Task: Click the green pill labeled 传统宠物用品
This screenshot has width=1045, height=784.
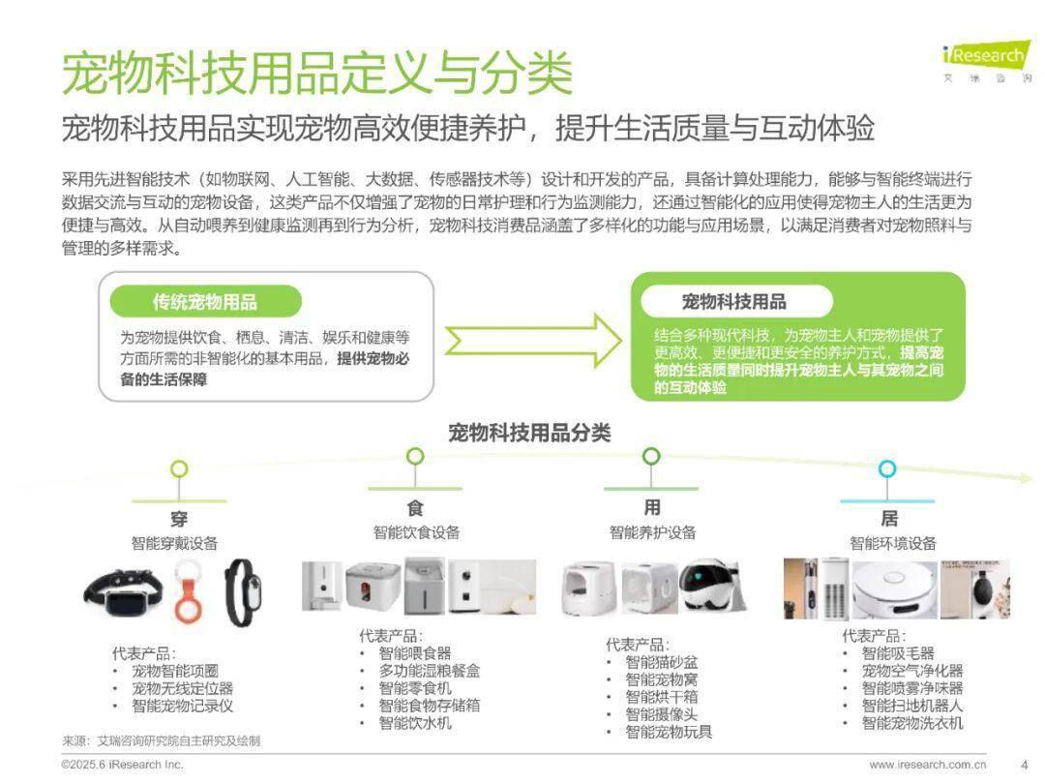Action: click(x=205, y=301)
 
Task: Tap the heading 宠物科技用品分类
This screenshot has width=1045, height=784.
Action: click(x=529, y=433)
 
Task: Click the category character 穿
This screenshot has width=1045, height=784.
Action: click(x=179, y=517)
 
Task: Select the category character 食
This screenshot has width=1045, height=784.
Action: click(x=415, y=507)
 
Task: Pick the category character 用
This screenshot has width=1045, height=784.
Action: click(x=652, y=507)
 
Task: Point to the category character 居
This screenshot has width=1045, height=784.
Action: click(x=888, y=518)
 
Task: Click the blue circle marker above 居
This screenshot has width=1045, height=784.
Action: click(x=887, y=468)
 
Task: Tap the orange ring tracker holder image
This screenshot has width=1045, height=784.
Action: click(x=190, y=590)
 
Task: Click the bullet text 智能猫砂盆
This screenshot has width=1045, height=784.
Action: click(x=661, y=662)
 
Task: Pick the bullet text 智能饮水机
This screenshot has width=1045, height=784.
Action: click(x=415, y=723)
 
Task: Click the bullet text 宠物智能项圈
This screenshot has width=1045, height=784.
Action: click(x=175, y=671)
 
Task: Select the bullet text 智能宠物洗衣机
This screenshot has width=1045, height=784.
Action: click(x=912, y=723)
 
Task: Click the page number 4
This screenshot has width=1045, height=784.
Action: click(x=1025, y=764)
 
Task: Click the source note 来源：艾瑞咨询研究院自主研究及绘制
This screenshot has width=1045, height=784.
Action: click(x=162, y=740)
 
